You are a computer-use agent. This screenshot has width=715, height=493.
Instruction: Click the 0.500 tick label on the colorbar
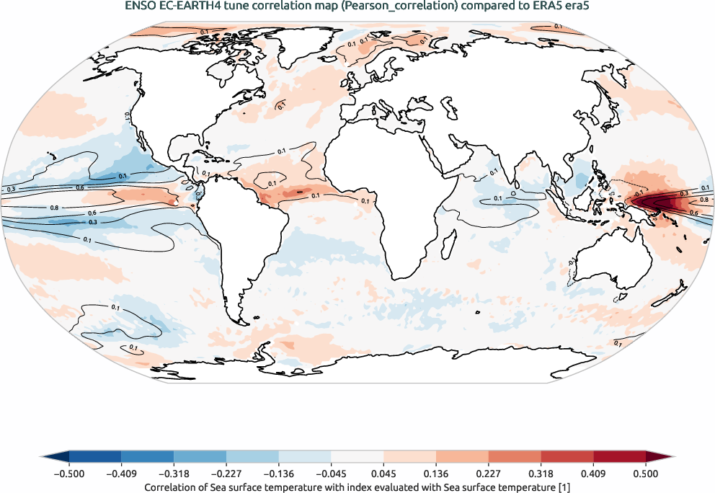click(646, 474)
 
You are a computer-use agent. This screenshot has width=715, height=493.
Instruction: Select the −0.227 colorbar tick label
click(226, 474)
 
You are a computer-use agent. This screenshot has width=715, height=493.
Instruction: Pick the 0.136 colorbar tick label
click(436, 474)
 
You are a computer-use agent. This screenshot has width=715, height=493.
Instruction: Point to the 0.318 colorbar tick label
click(541, 474)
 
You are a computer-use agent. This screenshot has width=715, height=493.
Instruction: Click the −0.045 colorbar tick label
click(331, 474)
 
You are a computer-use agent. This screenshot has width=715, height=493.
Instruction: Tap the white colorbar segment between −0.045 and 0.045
click(357, 457)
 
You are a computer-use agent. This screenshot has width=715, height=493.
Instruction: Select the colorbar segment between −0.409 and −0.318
click(147, 457)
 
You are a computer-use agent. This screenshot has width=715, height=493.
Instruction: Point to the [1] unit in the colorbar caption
click(565, 487)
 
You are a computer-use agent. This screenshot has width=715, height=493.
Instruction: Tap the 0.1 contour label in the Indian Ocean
click(497, 198)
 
